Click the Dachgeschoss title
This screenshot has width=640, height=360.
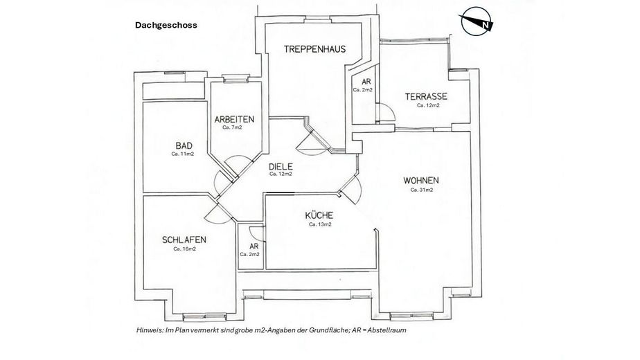point(166,25)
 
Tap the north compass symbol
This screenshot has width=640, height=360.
point(477,23)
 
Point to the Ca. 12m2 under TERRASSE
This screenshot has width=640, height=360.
point(427,106)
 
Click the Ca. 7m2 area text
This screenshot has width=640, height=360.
point(231,127)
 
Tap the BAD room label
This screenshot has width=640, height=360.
point(183,145)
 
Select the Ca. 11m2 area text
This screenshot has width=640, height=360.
point(183,154)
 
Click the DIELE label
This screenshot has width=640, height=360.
point(281,166)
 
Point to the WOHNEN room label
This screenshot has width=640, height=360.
point(421,181)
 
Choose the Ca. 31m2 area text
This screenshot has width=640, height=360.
point(421,190)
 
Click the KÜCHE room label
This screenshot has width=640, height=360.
point(319,215)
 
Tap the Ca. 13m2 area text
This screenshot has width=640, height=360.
point(319,224)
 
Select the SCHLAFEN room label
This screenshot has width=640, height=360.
point(184,240)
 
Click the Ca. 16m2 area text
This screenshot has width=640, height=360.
point(184,249)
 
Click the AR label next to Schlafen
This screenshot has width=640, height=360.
point(254,246)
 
